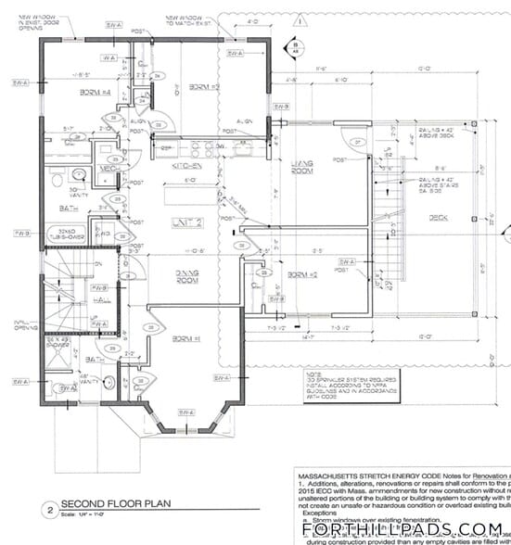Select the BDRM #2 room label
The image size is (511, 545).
click(302, 276)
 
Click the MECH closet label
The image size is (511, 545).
click(105, 169)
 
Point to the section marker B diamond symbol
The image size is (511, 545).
click(293, 45)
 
